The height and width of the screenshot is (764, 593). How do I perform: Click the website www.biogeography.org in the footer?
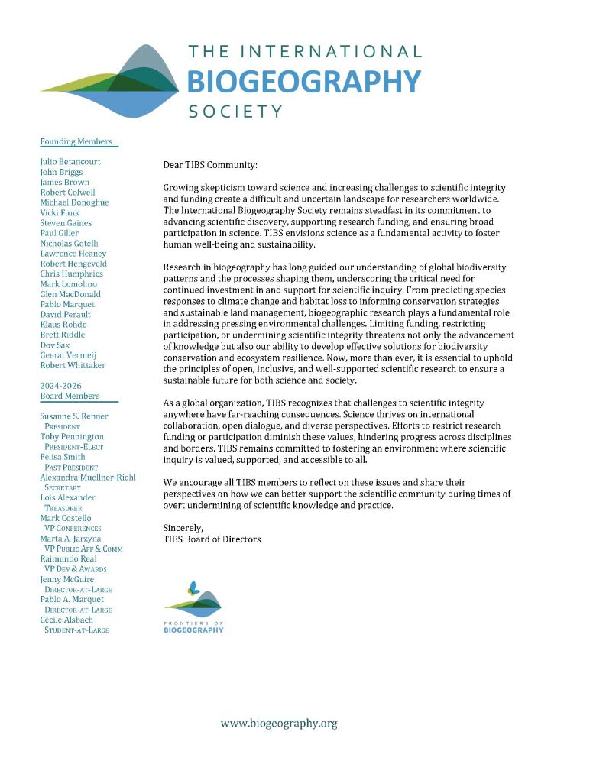[x=279, y=723]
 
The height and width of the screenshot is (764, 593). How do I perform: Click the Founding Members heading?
[x=76, y=141]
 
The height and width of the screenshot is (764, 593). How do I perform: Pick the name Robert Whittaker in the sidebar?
[x=73, y=365]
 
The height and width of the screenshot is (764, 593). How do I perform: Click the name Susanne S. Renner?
[x=74, y=416]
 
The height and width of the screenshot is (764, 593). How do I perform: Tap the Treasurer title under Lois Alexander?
[x=63, y=507]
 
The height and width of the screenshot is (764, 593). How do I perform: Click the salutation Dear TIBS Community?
[x=211, y=164]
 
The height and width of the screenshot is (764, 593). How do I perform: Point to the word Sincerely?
[x=183, y=528]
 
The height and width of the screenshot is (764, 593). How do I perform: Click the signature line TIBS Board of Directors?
[x=212, y=539]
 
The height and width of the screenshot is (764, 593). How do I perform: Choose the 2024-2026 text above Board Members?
[x=61, y=385]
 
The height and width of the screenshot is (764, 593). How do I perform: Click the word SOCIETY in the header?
[x=235, y=112]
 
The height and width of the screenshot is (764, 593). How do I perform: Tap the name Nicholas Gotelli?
[x=73, y=243]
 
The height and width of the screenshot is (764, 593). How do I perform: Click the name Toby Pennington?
[x=71, y=436]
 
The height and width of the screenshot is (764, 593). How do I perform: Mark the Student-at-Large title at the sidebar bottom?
[x=76, y=630]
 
